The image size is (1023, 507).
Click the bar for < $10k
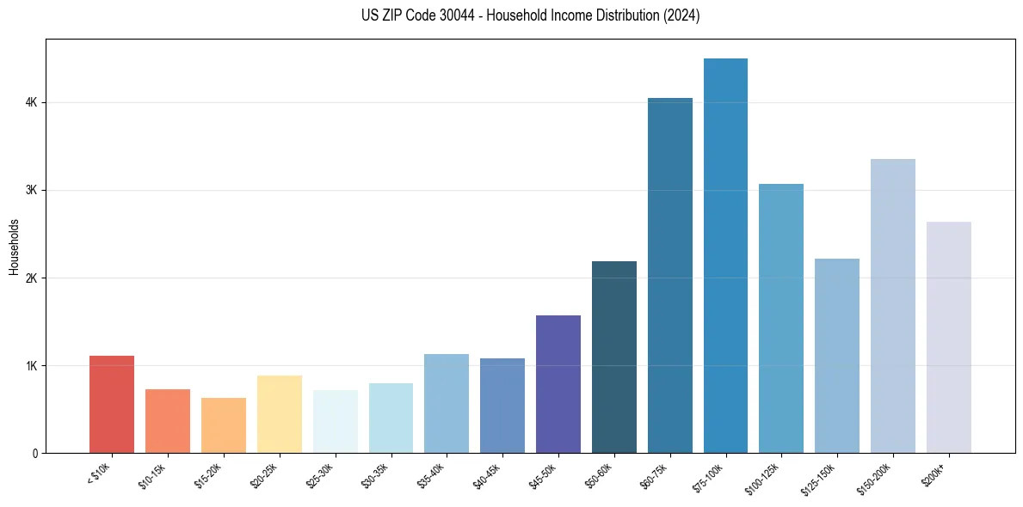coord(112,404)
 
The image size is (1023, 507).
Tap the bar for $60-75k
coord(669,275)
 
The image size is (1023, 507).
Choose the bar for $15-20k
coord(224,425)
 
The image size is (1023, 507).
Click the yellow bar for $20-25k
coord(279,414)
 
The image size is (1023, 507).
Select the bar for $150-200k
coord(893,306)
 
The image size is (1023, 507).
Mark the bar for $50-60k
coord(614,357)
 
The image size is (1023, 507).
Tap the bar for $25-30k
coord(335,421)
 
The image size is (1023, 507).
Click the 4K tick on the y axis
coord(31,102)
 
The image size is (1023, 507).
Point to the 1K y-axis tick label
coord(31,366)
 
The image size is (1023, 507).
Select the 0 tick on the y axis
coord(34,454)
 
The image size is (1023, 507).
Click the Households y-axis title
coord(14,247)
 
